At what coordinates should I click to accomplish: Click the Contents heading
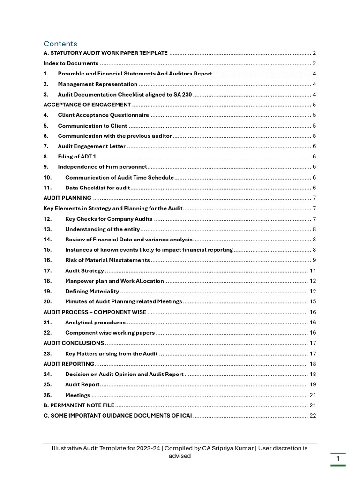click(60, 44)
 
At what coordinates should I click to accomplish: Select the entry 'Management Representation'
click(97, 84)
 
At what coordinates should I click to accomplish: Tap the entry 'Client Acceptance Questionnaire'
click(103, 115)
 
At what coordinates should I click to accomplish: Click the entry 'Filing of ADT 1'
click(77, 156)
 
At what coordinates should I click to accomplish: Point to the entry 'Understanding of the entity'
click(102, 229)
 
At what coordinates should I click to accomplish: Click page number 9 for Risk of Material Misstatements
click(314, 260)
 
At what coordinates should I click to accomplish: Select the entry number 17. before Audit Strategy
click(47, 270)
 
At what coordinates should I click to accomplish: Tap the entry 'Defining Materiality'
click(92, 291)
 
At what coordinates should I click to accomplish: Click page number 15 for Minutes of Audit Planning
click(313, 301)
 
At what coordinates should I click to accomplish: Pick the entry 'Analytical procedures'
click(95, 322)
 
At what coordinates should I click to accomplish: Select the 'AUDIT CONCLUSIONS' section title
click(74, 343)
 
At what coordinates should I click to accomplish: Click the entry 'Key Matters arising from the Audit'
click(111, 353)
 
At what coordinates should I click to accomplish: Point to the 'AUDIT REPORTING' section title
click(69, 364)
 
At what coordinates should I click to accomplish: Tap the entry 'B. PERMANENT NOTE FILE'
click(79, 405)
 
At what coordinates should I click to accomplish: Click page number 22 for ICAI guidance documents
click(313, 415)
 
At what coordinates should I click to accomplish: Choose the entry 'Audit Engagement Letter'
click(91, 146)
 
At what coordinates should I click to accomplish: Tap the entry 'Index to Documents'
click(71, 63)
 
